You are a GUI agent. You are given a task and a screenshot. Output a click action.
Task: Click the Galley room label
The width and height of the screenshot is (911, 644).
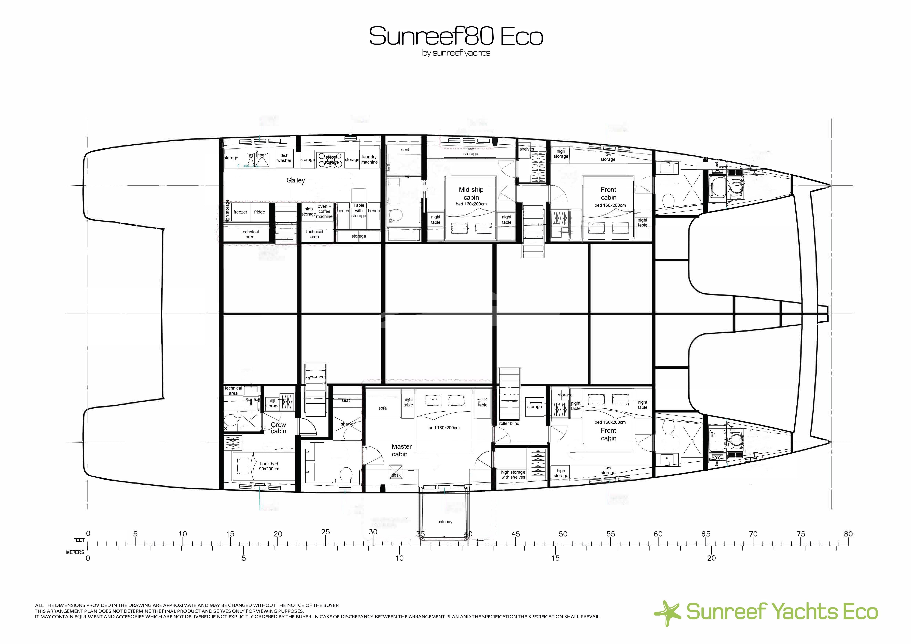click(x=296, y=180)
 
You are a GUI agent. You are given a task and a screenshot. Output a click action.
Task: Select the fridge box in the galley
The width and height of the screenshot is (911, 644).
click(x=259, y=212)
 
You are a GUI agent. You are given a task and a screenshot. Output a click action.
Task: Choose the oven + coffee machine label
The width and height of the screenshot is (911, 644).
click(x=324, y=211)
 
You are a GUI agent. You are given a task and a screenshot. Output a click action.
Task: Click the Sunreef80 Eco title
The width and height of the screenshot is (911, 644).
click(x=455, y=37)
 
